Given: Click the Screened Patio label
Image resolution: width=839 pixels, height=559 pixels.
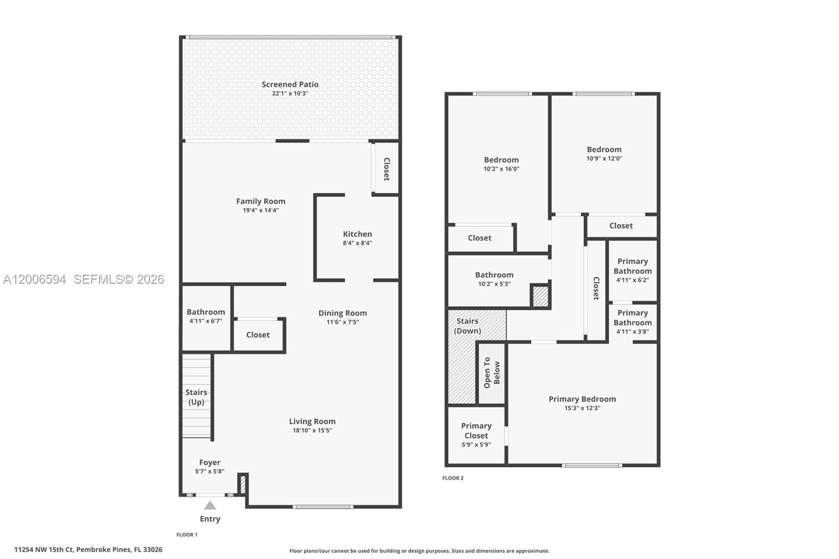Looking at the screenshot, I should pos(290,84).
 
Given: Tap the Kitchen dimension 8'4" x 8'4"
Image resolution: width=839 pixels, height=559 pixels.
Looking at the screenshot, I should pos(357,243).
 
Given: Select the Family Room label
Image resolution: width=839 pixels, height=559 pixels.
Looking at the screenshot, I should pos(261,201).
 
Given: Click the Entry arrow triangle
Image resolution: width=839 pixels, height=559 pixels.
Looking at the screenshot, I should pos(210,506).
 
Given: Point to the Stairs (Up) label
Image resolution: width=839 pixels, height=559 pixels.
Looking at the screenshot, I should pos(196,397).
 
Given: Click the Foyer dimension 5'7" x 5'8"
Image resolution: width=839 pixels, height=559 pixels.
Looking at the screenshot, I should pos(209,471).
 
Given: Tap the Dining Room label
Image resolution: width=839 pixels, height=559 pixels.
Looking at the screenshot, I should pos(342,313).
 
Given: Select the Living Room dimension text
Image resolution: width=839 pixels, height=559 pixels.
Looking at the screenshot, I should pos(312,431).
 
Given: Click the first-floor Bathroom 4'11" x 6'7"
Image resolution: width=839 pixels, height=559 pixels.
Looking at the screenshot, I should pos(206,316).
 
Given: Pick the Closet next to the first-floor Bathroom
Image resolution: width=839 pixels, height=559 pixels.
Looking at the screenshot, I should pos(258,335).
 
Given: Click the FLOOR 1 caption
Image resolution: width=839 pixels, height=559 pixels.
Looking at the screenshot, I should pos(187,535).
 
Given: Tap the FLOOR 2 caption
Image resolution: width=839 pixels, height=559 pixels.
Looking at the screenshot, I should pos(453,478).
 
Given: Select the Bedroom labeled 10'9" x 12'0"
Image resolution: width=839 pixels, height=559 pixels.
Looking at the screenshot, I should pos(604,153).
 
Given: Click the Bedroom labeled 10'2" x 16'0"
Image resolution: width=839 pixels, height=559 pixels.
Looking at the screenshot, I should pos(501,164).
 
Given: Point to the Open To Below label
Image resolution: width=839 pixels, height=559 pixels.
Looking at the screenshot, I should pos(492,373).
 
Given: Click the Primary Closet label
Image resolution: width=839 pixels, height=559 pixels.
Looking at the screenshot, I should pos(476,431).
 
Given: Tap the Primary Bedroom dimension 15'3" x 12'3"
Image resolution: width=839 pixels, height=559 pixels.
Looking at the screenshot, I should pos(582,408).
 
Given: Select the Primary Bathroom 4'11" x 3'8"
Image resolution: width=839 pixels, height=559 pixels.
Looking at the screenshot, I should pos(632,321).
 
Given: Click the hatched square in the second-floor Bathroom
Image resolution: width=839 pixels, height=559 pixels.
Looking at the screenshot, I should pos(540,296).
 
